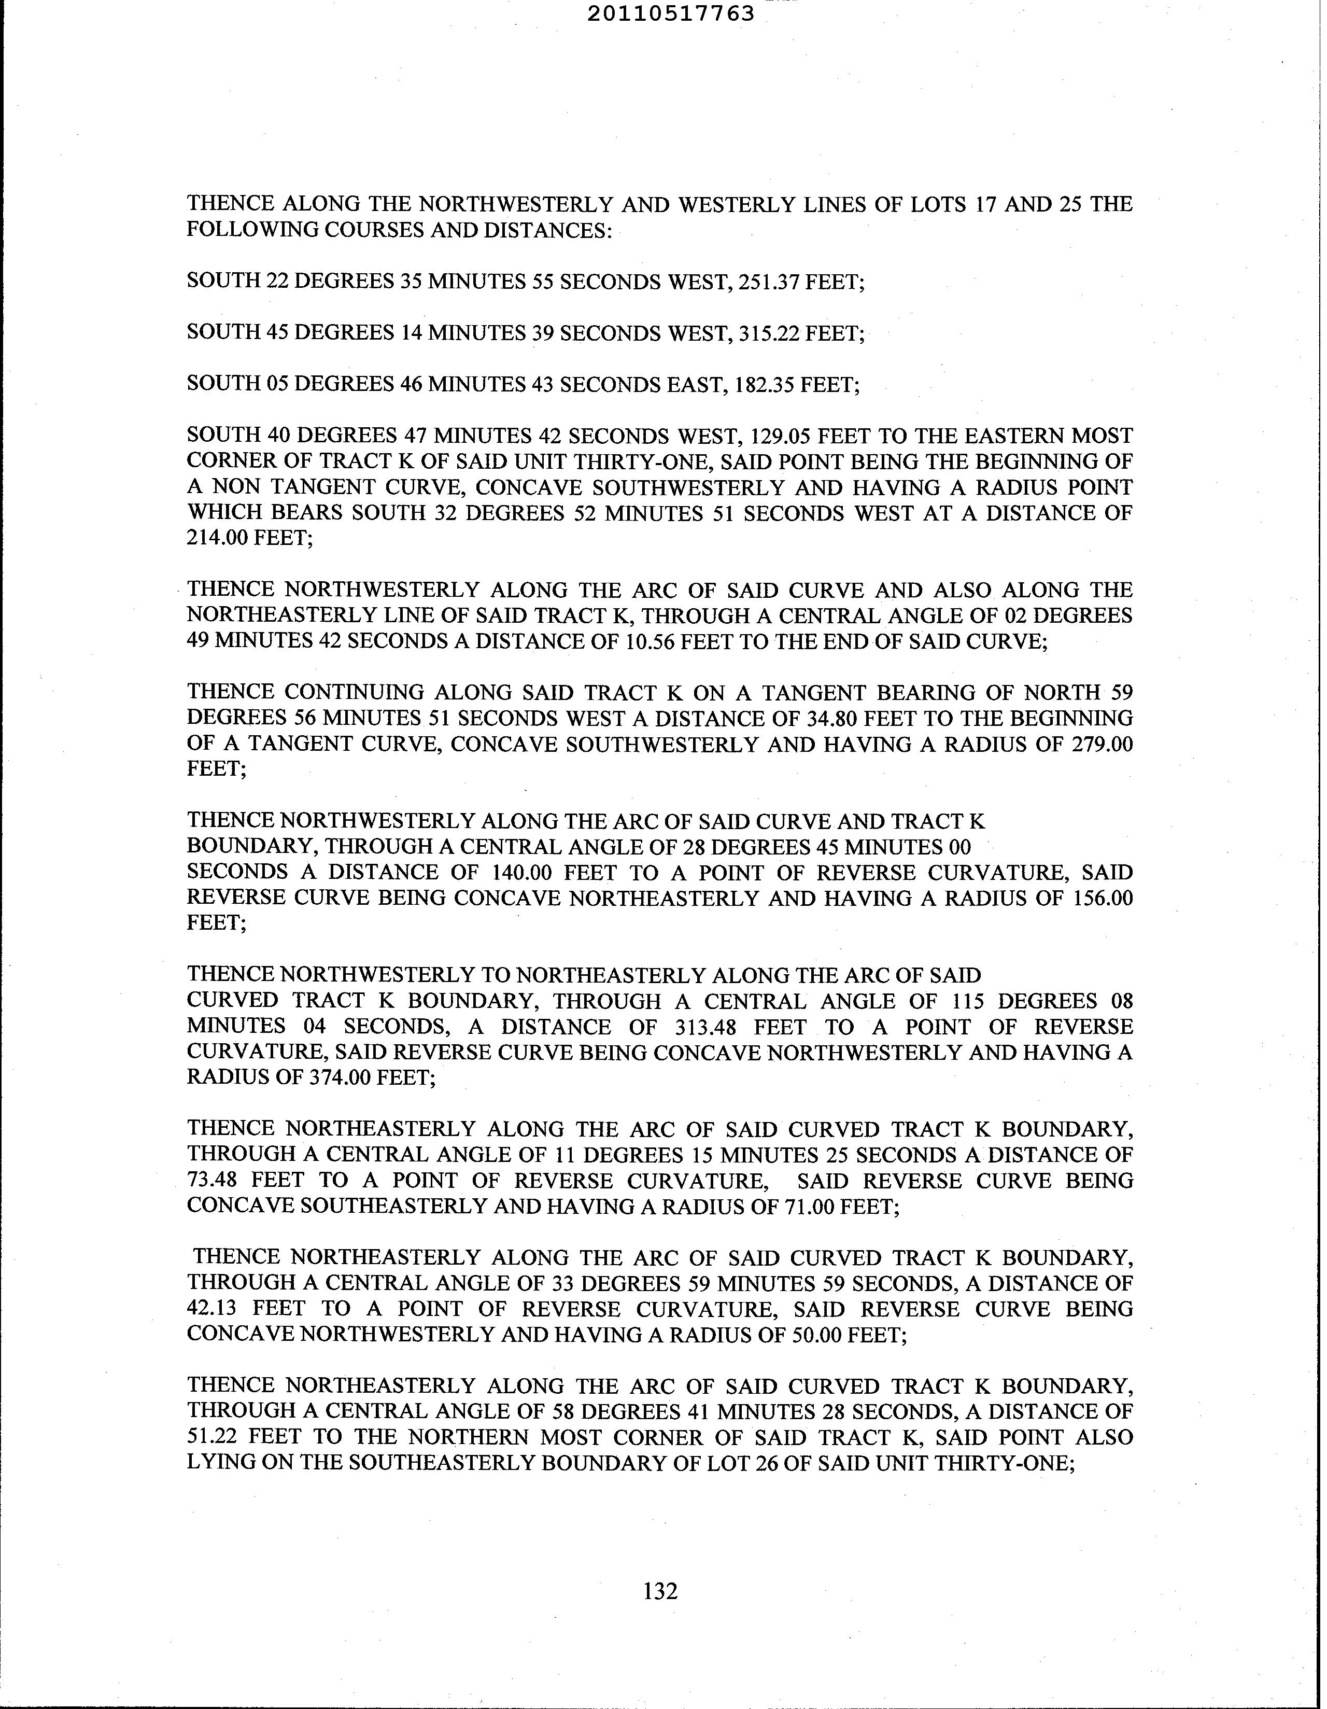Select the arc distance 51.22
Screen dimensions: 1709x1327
click(212, 1437)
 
